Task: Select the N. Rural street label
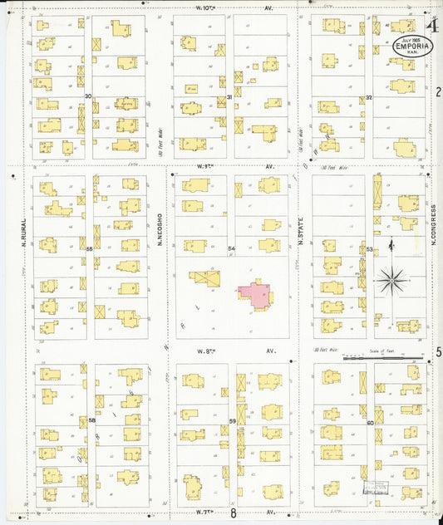25,233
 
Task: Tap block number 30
88,96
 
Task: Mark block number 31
229,97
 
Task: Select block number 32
368,97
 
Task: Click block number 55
89,248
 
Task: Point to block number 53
369,248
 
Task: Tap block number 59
233,421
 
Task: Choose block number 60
369,422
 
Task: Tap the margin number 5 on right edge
437,352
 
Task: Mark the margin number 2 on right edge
437,91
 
